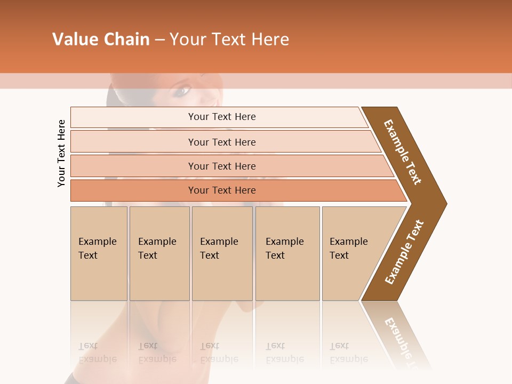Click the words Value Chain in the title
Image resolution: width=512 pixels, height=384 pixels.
point(101,39)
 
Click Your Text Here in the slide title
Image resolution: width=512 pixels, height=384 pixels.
point(229,39)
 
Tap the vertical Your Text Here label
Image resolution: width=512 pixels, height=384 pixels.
point(61,153)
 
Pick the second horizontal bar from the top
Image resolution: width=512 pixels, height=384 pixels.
point(222,142)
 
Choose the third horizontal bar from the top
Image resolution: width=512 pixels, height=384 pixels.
point(222,166)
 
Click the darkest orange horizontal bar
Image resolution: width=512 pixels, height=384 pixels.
point(222,190)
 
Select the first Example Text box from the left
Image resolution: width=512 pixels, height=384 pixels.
point(99,253)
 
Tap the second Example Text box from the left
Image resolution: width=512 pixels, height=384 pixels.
point(159,253)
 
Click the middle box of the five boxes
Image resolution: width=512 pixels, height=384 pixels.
point(222,253)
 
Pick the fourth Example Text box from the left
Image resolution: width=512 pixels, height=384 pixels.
point(287,253)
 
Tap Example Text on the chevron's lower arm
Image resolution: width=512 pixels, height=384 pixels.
point(404,252)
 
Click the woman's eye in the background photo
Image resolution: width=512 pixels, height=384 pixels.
point(182,91)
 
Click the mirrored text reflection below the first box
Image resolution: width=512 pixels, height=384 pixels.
point(97,353)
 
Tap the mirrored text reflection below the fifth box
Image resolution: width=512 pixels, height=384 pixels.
point(348,353)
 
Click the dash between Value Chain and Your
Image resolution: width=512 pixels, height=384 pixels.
point(159,40)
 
